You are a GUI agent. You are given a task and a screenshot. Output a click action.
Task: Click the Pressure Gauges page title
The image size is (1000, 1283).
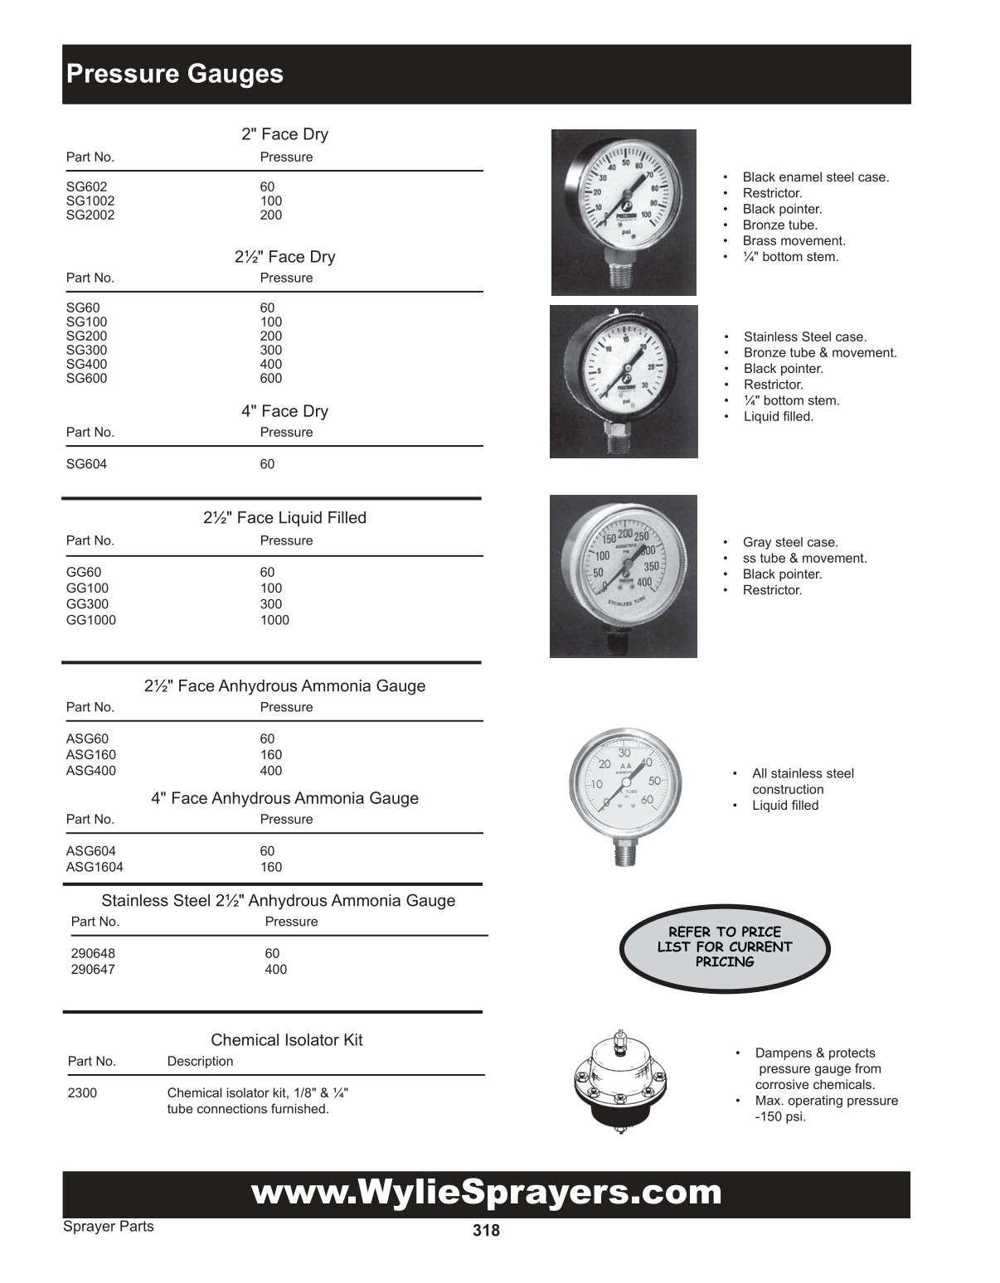175,74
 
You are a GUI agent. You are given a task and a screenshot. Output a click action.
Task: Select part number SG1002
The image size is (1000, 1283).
90,201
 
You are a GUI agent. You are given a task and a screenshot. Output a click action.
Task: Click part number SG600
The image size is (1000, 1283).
86,378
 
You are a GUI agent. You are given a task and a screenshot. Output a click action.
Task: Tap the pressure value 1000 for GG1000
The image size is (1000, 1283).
274,620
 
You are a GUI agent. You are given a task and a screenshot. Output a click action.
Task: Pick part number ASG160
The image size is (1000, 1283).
91,754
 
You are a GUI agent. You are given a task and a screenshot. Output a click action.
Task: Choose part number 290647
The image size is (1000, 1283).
93,969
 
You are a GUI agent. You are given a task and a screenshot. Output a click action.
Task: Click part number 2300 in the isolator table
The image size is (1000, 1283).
82,1092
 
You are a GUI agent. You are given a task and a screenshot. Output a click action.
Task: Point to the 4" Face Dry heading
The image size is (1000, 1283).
284,411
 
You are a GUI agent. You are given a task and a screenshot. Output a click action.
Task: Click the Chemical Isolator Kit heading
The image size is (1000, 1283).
286,1039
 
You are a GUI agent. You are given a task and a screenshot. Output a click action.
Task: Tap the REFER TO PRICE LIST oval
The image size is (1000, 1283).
725,947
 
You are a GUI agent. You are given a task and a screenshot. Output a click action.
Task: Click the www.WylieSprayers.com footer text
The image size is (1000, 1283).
486,1193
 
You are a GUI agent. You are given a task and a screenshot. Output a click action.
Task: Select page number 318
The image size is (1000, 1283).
486,1231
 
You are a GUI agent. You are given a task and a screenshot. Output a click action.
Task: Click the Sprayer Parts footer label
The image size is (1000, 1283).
109,1226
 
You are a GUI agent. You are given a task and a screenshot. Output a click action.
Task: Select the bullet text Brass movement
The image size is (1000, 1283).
794,240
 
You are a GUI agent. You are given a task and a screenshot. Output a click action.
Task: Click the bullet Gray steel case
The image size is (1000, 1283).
790,542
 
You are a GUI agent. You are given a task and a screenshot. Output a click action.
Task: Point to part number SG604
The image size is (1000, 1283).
86,464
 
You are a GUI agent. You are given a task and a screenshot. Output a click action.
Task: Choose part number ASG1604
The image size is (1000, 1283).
95,867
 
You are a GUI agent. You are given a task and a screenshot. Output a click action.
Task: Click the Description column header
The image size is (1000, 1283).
200,1061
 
